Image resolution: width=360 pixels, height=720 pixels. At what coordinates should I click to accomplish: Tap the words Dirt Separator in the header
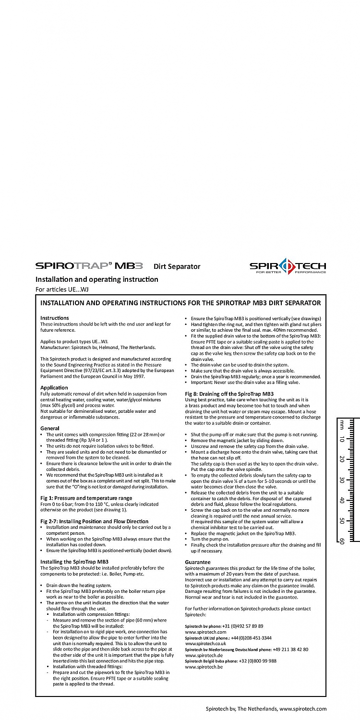coord(177,266)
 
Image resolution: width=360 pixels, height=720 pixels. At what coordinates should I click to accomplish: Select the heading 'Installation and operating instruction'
coord(96,279)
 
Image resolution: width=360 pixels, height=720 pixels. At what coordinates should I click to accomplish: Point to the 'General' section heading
coord(50,428)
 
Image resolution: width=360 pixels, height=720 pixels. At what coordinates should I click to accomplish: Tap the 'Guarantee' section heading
coord(198,562)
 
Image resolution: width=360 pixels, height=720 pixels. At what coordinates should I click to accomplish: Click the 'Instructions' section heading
coord(55,318)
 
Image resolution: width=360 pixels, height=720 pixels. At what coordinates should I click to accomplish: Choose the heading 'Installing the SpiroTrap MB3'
coord(74,561)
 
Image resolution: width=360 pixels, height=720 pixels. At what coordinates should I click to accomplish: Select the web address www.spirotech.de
coord(204,655)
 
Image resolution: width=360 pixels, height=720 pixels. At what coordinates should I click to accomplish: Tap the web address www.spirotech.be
coord(204,667)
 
